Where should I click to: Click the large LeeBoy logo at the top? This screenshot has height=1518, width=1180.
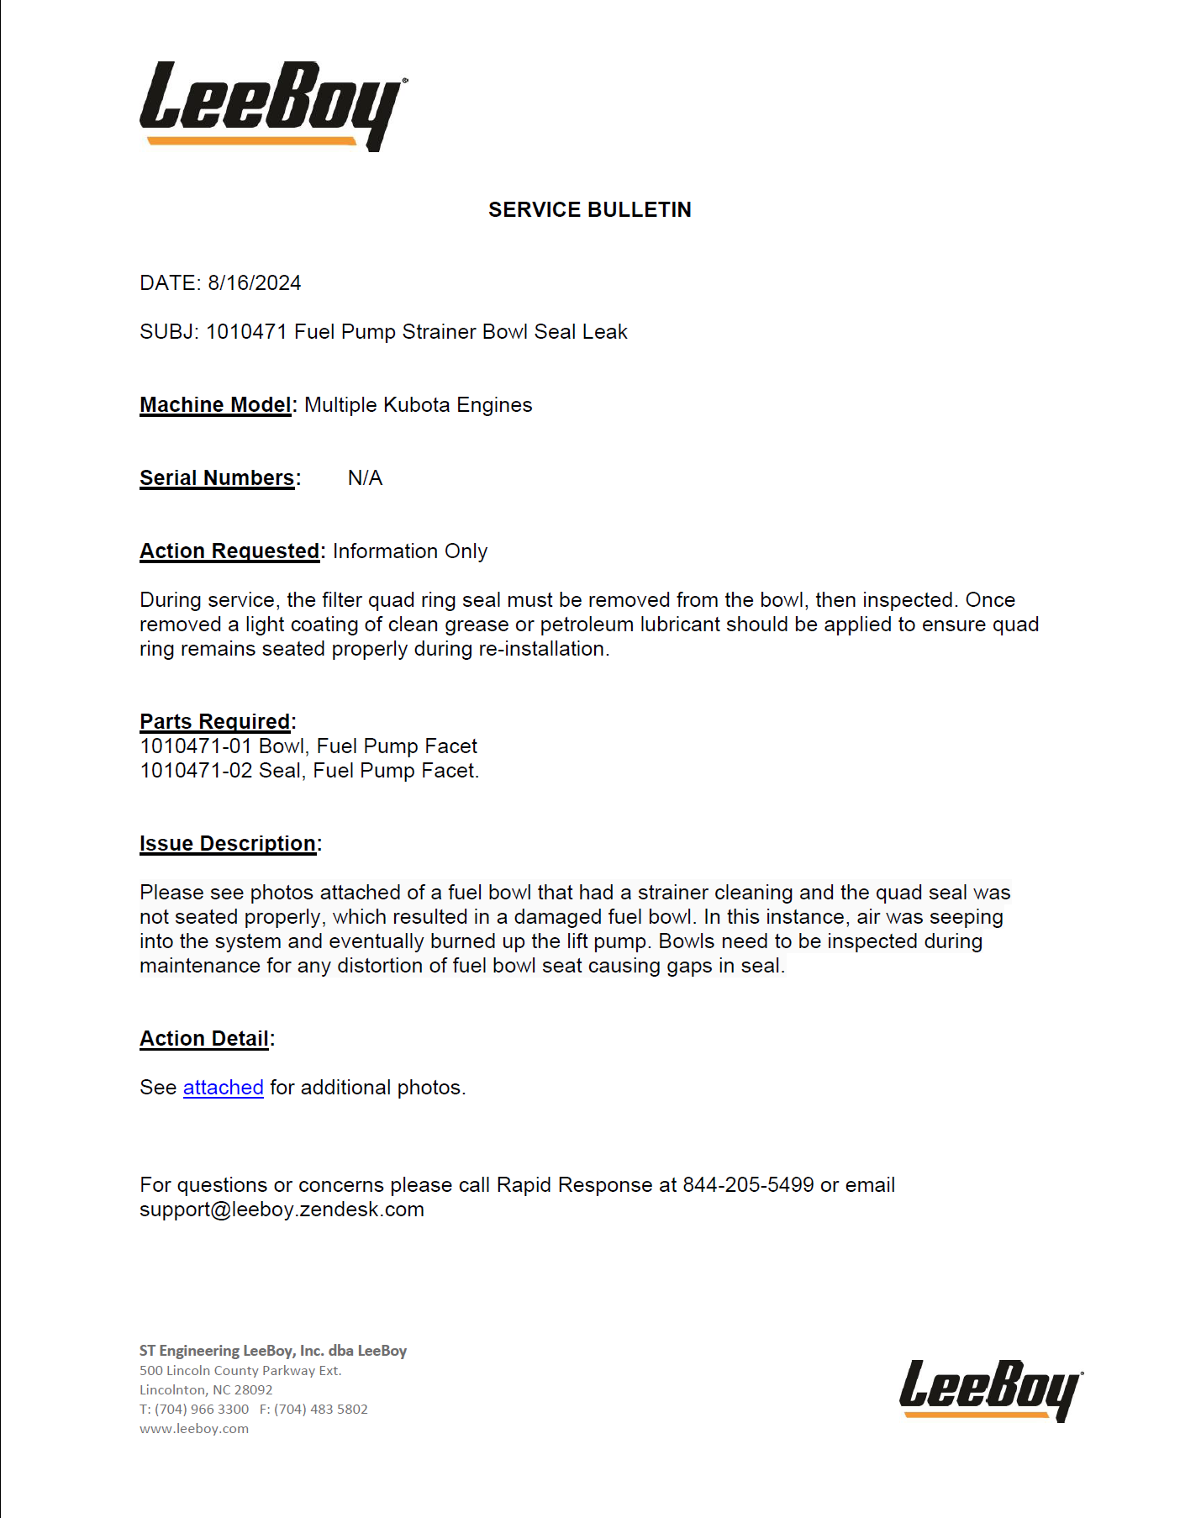pyautogui.click(x=273, y=105)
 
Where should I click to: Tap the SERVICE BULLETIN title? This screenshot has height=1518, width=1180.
pyautogui.click(x=589, y=210)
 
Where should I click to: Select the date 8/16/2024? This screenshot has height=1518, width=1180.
pyautogui.click(x=255, y=283)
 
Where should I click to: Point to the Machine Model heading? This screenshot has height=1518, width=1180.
pyautogui.click(x=215, y=405)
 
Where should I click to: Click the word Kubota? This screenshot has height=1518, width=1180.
pyautogui.click(x=417, y=405)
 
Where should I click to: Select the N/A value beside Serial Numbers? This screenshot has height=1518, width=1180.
pyautogui.click(x=365, y=478)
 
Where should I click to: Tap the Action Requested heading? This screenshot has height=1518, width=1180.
pyautogui.click(x=229, y=551)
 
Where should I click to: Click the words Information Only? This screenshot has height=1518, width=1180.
pyautogui.click(x=410, y=551)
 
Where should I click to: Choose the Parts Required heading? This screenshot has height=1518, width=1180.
pyautogui.click(x=215, y=722)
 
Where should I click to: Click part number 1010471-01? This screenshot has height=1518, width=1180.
pyautogui.click(x=196, y=746)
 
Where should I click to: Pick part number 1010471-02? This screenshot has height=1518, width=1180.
pyautogui.click(x=196, y=771)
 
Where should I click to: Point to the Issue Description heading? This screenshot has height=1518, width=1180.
pyautogui.click(x=228, y=844)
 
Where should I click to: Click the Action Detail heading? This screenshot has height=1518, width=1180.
pyautogui.click(x=204, y=1039)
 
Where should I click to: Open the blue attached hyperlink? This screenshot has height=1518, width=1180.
pyautogui.click(x=224, y=1088)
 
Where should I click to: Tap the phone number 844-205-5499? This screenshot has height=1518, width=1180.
pyautogui.click(x=748, y=1185)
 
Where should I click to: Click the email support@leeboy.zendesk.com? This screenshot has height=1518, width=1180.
pyautogui.click(x=282, y=1210)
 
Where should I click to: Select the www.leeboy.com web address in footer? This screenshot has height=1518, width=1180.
pyautogui.click(x=194, y=1429)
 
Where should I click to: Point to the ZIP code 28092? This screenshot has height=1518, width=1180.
pyautogui.click(x=253, y=1390)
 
